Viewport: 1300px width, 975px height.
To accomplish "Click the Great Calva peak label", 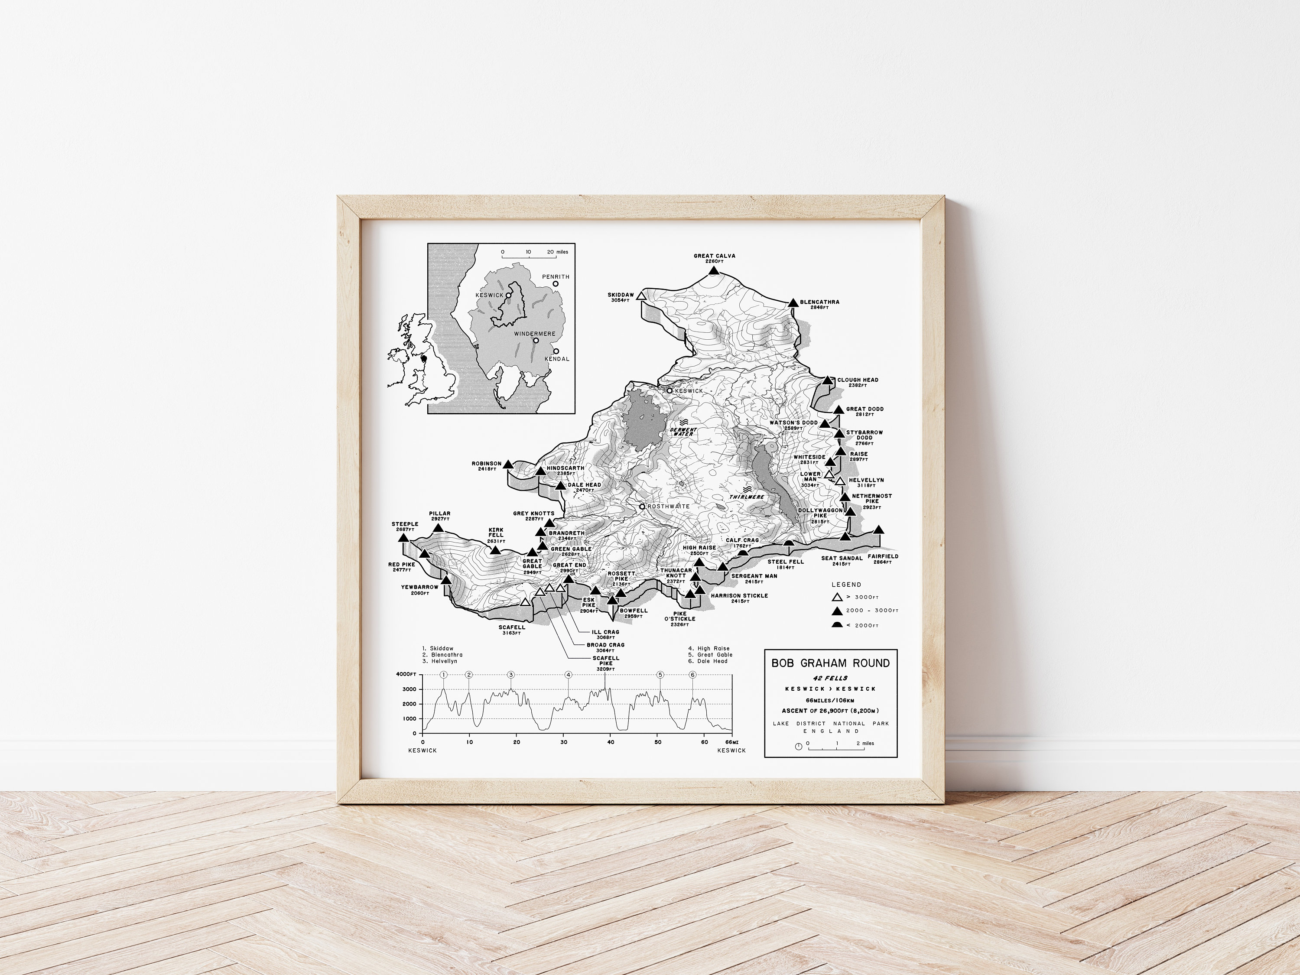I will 714,256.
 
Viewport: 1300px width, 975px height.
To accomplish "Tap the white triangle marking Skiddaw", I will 641,296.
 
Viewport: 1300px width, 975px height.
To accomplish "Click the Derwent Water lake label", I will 683,431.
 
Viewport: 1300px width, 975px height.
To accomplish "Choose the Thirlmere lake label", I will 747,497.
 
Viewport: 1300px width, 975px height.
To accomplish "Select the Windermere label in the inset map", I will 535,334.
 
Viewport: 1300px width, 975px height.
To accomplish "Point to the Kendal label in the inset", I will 558,358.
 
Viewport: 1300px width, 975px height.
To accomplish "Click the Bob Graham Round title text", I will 830,663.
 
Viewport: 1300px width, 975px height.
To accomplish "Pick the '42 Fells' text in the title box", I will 830,678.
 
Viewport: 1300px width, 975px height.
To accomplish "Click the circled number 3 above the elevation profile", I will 511,675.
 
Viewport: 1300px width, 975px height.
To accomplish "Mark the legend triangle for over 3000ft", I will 838,597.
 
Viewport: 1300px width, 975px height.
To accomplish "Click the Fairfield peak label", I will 883,556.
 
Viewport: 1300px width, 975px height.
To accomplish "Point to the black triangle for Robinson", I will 508,464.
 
